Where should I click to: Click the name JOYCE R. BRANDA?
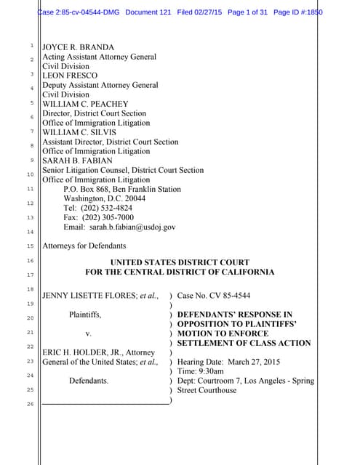77,47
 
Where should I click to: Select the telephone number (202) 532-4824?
107,208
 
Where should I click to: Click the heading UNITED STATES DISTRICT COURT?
180,262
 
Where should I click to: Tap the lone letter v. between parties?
88,333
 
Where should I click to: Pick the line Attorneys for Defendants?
84,246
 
